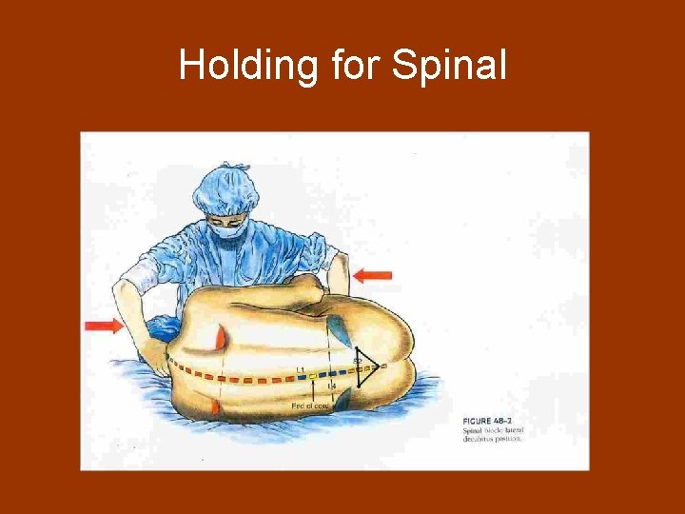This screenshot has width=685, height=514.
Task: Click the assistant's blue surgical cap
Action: (x=225, y=188)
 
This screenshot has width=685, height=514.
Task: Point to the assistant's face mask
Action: (x=226, y=229)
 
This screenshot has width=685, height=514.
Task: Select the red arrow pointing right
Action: (x=104, y=326)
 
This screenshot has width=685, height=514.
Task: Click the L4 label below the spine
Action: (x=331, y=386)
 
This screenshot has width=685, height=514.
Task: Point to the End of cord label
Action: (x=310, y=406)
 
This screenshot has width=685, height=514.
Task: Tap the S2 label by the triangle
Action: (x=358, y=360)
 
